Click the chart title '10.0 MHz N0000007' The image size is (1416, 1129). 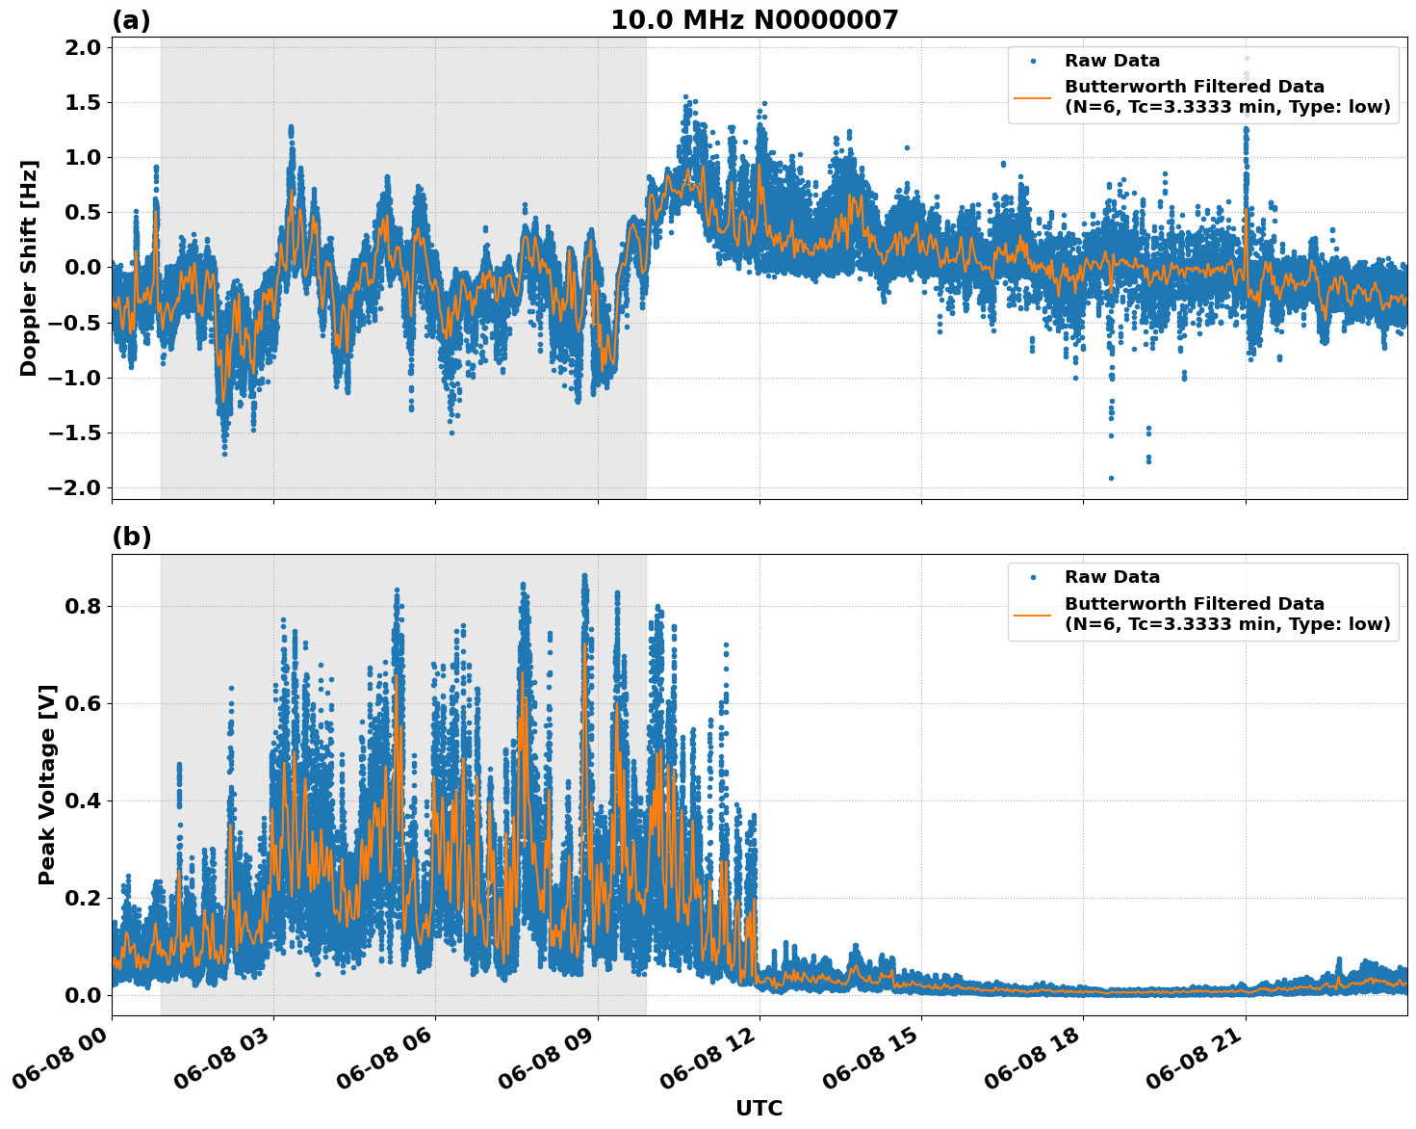754,20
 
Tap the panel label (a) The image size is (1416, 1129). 131,20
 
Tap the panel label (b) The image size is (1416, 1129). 131,537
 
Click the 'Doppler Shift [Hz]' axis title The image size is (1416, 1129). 29,268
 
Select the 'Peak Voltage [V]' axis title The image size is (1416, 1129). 47,784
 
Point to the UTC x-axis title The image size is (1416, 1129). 759,1108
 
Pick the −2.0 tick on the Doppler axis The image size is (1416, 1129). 73,487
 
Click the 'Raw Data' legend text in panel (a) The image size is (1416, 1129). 1112,61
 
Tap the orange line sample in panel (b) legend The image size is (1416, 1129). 1033,614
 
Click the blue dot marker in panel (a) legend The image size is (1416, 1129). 1033,61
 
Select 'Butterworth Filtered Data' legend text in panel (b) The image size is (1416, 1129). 1194,604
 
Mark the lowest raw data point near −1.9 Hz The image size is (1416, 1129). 1111,478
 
